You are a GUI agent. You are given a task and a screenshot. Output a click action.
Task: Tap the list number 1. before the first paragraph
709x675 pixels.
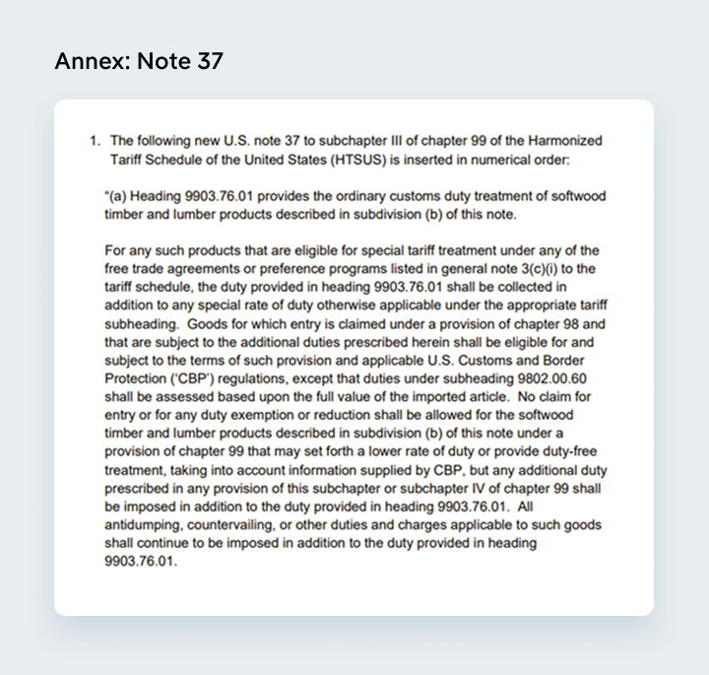point(97,141)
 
